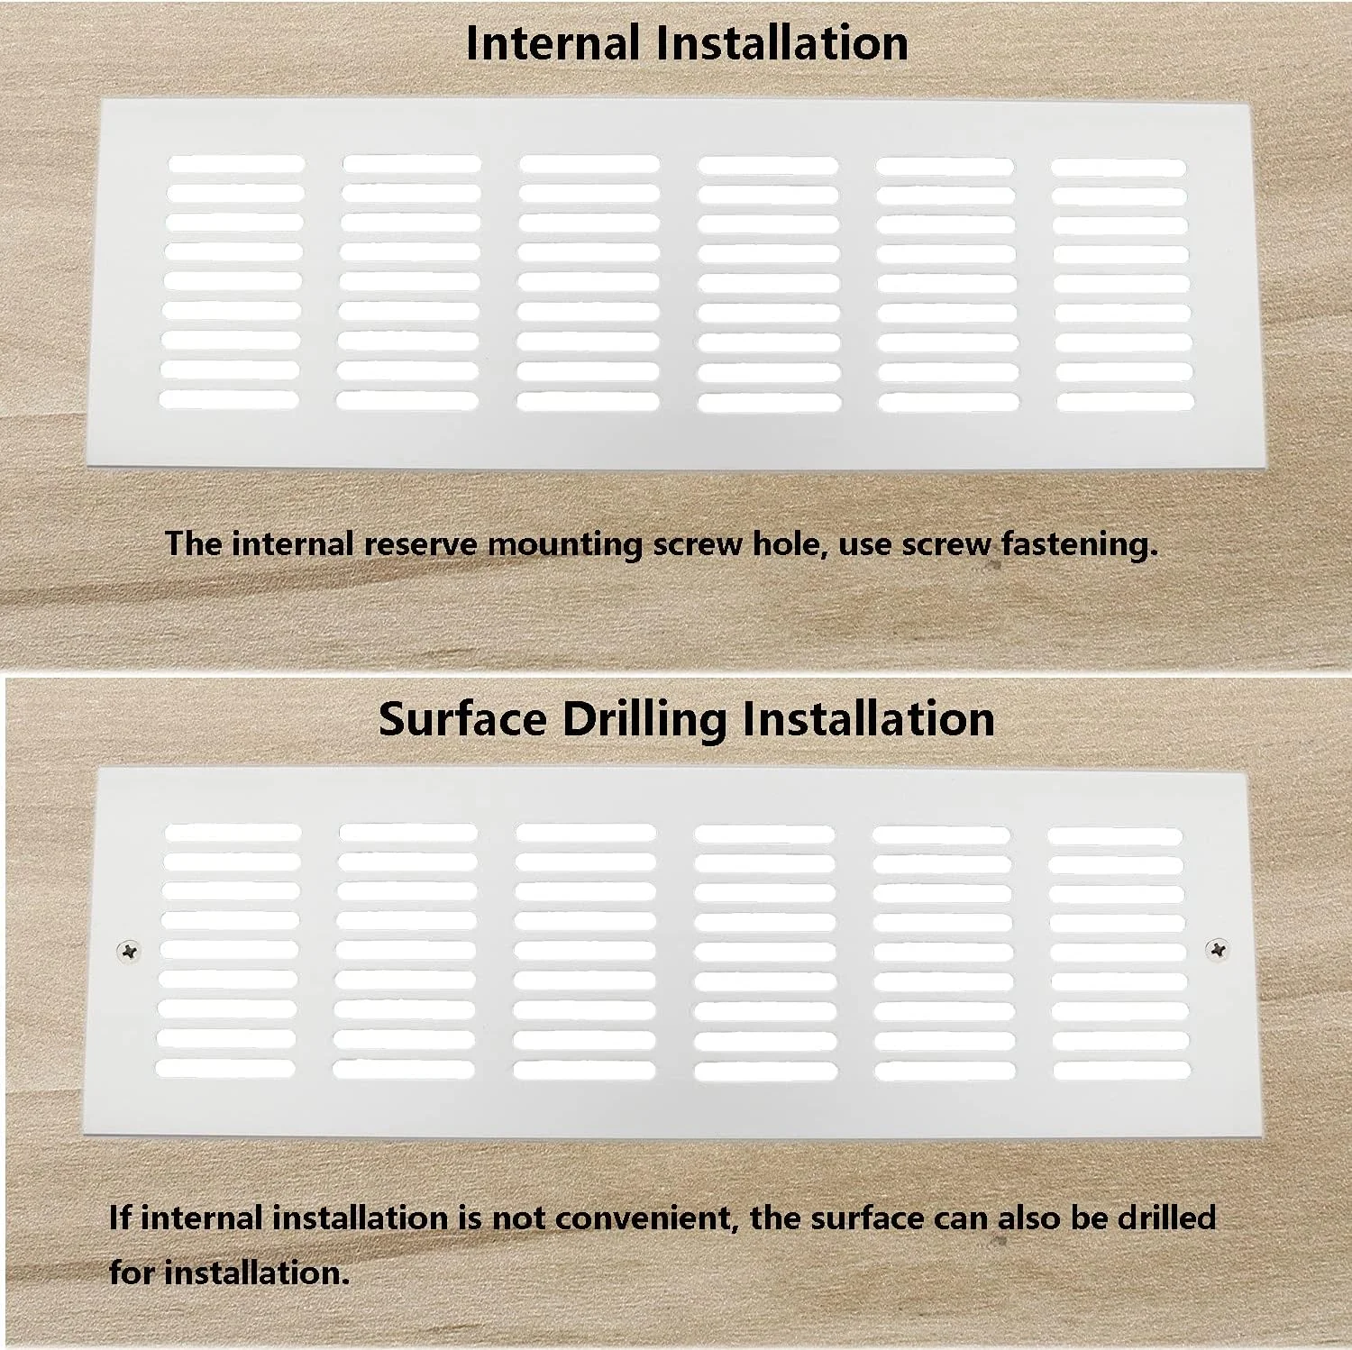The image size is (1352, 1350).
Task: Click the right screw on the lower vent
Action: (x=1218, y=948)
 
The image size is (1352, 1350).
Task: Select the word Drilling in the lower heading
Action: (x=642, y=720)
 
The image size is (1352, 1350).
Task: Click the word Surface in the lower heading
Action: (x=462, y=720)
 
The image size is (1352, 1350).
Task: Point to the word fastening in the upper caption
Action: (x=1078, y=543)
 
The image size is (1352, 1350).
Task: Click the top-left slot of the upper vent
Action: (x=237, y=164)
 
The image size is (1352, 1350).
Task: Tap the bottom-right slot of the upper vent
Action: (x=1125, y=402)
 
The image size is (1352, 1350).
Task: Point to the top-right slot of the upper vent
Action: (x=1118, y=168)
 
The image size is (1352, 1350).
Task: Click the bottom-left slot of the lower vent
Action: (x=225, y=1068)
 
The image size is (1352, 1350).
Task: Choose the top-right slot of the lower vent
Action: (x=1115, y=836)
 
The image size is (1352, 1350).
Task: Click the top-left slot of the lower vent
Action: (x=233, y=832)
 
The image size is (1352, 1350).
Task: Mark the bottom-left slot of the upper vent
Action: (x=230, y=399)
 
